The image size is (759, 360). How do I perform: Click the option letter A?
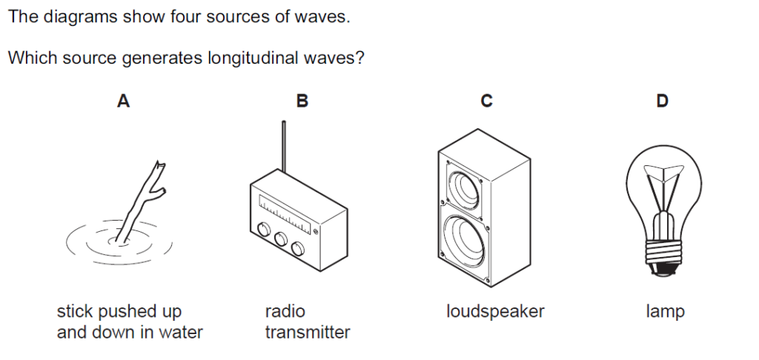tap(124, 101)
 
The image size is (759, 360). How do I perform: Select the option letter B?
tap(302, 101)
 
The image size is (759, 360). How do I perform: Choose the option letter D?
tap(662, 101)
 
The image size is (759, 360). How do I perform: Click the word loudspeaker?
tap(495, 311)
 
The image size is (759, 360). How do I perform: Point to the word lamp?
tap(665, 312)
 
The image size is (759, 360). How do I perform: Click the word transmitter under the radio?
tap(308, 332)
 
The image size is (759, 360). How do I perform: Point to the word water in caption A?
tap(181, 332)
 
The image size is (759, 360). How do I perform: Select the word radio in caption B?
tap(285, 311)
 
